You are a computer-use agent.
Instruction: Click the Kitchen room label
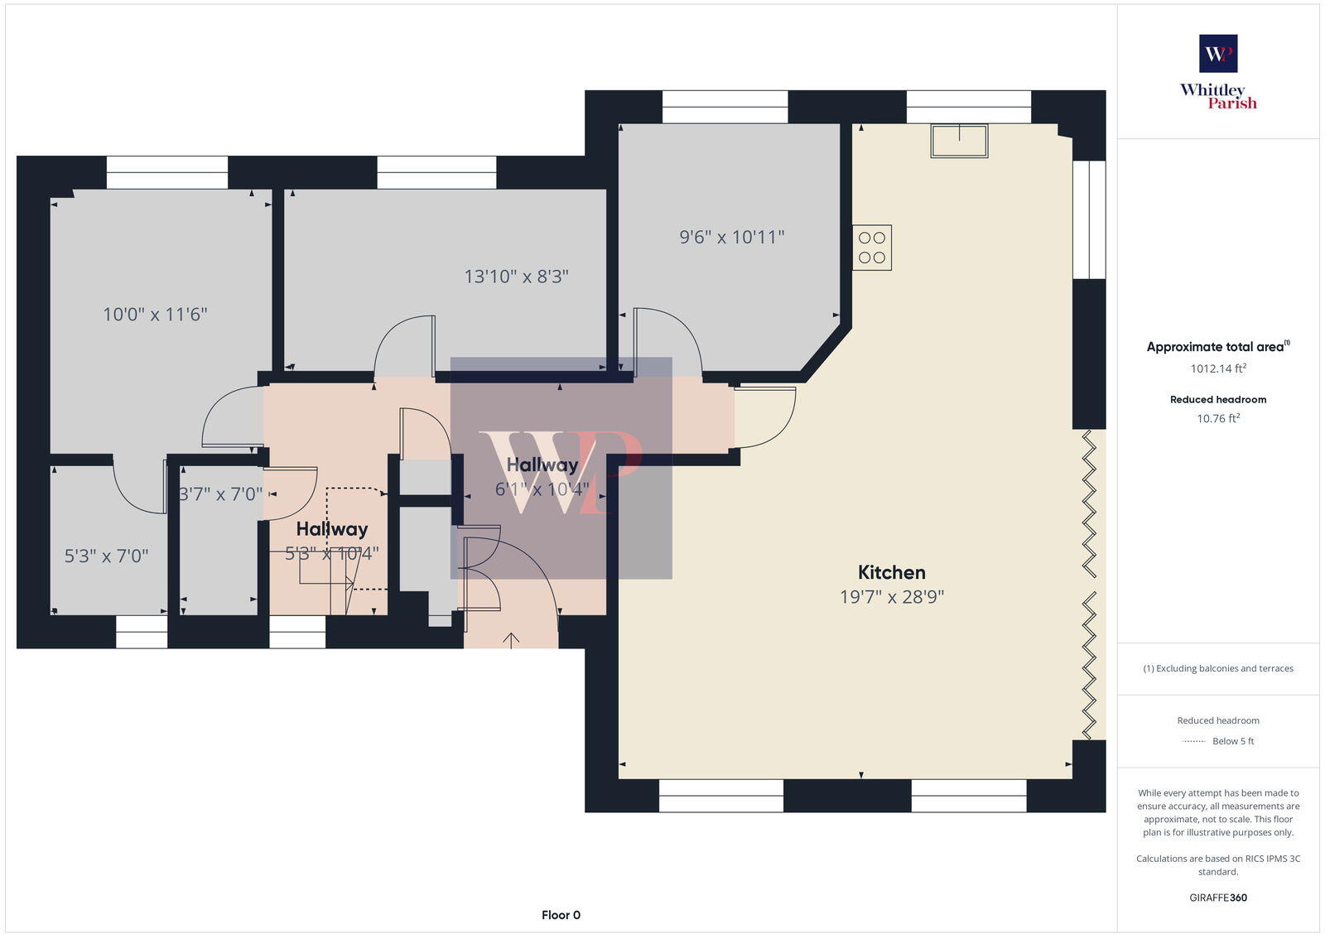(891, 572)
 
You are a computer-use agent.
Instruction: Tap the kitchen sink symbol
(959, 140)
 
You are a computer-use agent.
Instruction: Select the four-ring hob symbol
(872, 248)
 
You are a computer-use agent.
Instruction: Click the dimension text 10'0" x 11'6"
(155, 314)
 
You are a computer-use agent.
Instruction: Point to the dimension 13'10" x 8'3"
(516, 277)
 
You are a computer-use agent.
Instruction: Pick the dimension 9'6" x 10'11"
(731, 237)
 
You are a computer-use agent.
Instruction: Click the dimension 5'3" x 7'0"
(107, 556)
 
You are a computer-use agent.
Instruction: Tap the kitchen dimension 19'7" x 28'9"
(891, 597)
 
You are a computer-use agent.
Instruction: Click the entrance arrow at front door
(511, 639)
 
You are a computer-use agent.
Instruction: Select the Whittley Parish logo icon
(1218, 54)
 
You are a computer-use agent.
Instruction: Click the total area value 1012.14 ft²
(1218, 368)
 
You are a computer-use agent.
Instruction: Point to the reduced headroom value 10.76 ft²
(1218, 418)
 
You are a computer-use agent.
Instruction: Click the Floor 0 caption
(561, 915)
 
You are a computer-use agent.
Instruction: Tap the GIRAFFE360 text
(1218, 898)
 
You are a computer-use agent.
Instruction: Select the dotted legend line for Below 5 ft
(1193, 741)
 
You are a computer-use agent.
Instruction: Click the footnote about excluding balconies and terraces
(1218, 668)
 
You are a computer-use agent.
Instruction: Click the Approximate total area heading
(1215, 347)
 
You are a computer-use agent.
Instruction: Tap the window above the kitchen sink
(968, 107)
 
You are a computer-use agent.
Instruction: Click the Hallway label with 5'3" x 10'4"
(331, 529)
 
